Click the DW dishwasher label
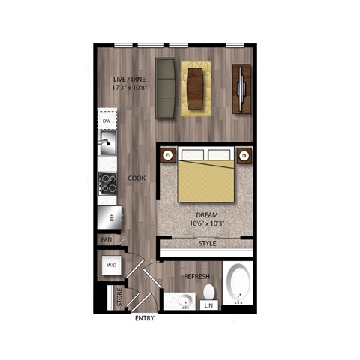pos(106,120)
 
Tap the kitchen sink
pos(107,141)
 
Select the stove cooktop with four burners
pos(107,181)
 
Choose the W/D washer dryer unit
pos(112,265)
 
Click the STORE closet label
pos(117,299)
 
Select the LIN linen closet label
pos(208,304)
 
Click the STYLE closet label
pos(208,244)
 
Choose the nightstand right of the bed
pos(244,155)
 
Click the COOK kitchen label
pos(136,178)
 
